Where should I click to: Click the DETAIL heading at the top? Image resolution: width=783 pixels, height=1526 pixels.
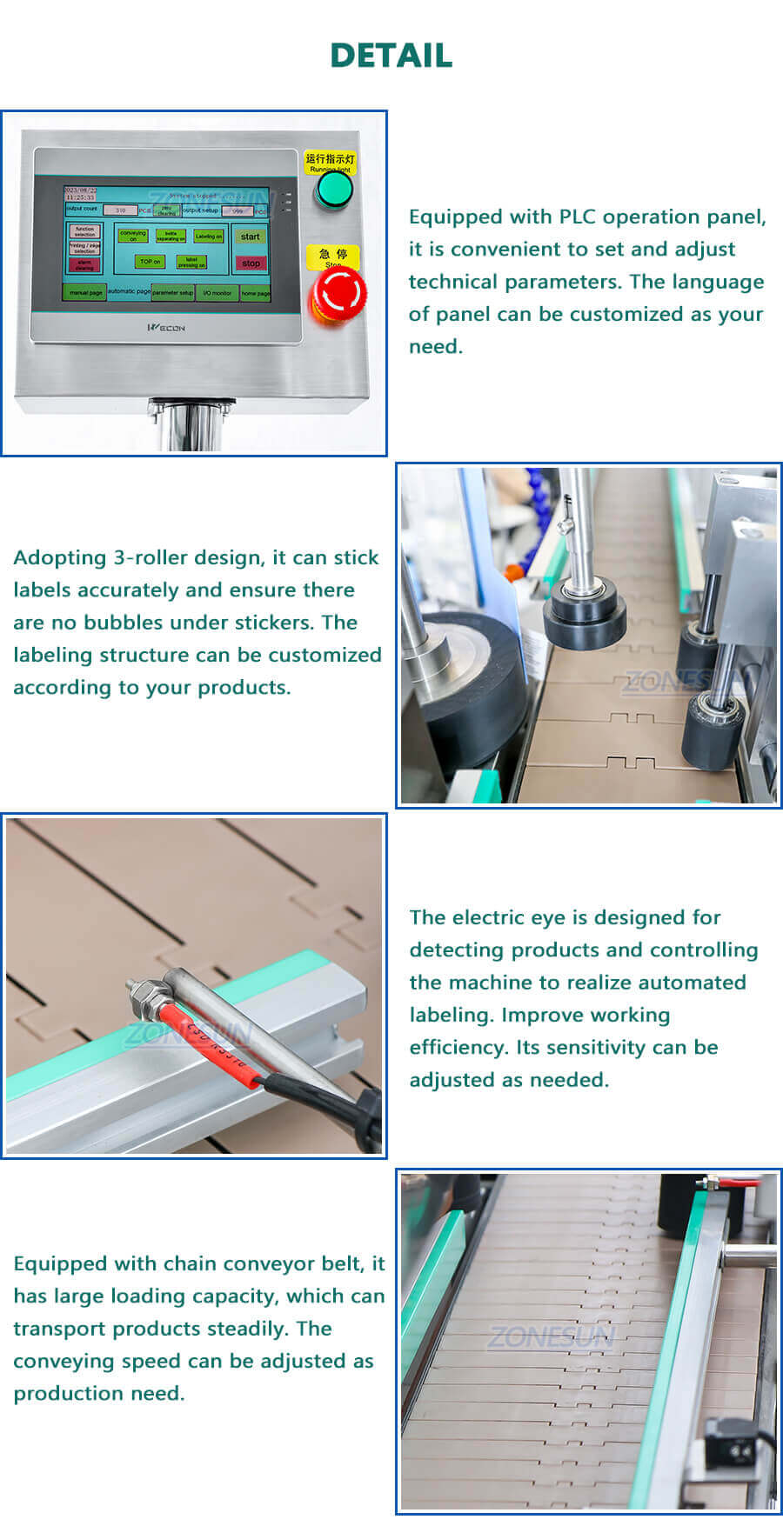[391, 56]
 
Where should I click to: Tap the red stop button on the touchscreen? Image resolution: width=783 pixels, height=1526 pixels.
[251, 263]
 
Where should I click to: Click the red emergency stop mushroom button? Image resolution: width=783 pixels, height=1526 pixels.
[338, 295]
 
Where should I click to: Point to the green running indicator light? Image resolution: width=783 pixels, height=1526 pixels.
[333, 190]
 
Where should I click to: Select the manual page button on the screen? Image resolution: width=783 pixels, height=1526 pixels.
[85, 293]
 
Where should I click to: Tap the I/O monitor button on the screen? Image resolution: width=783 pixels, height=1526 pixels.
[217, 293]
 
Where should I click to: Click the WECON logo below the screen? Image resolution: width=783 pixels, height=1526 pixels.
[166, 328]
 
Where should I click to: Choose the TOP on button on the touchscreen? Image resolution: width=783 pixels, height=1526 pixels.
[150, 261]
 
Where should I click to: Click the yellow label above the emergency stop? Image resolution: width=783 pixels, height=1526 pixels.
[332, 255]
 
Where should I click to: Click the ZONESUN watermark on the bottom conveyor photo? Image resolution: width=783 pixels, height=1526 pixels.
[551, 1337]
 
